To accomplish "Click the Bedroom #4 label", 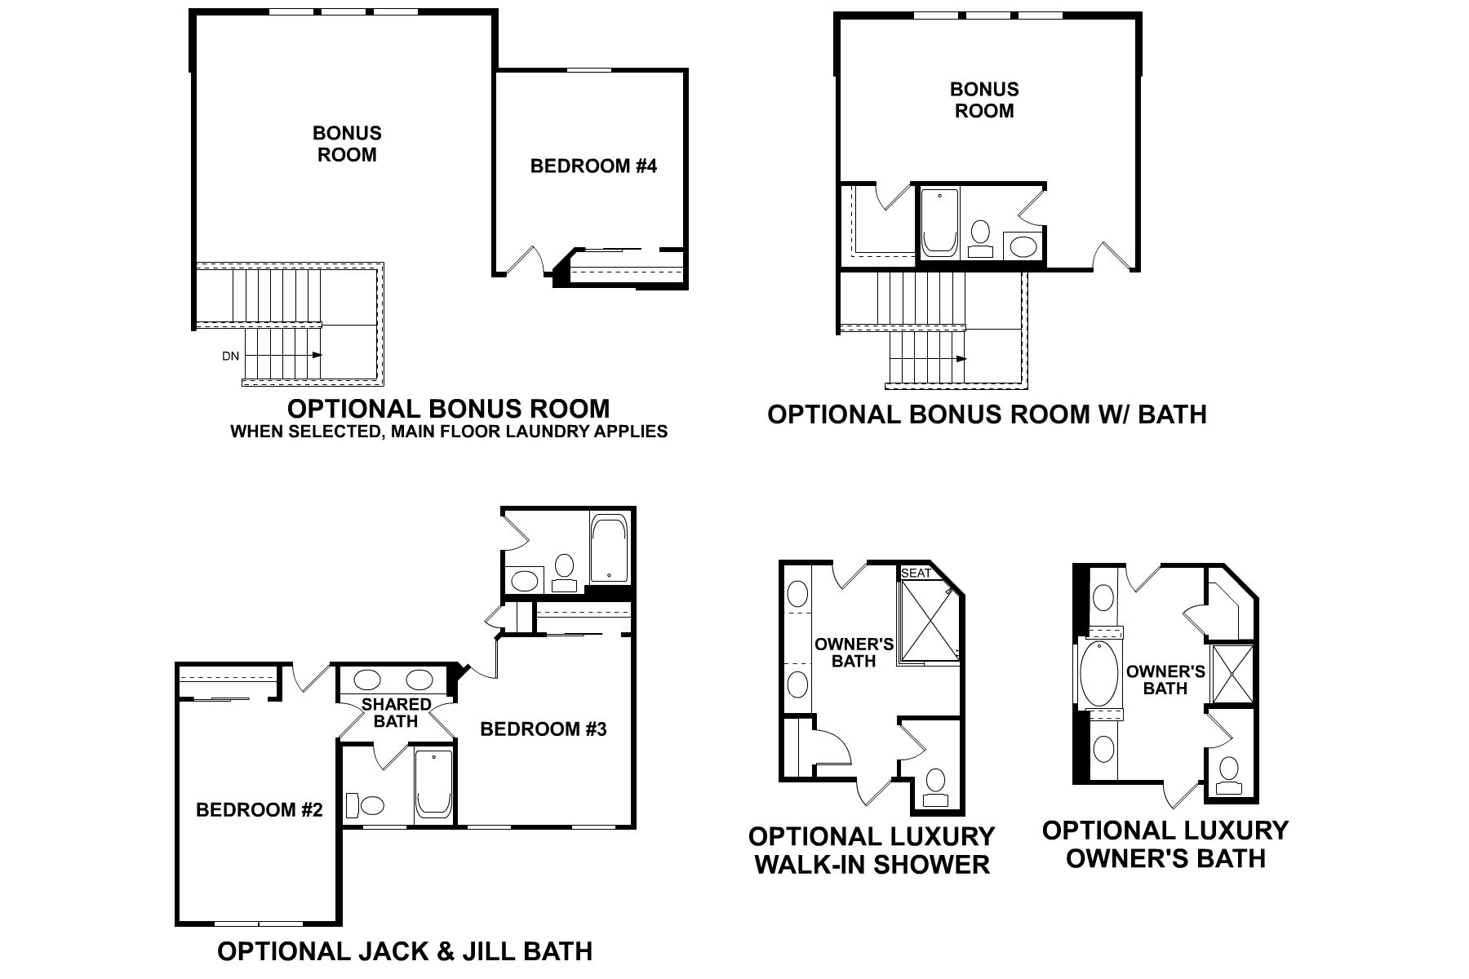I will pos(593,166).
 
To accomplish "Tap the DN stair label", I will pos(230,356).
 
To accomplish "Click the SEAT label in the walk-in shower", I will pos(916,573).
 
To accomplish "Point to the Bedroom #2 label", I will pos(260,809).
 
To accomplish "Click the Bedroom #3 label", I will pos(543,729).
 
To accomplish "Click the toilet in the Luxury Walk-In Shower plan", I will pos(935,782).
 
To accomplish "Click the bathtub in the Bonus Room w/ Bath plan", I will pos(939,223).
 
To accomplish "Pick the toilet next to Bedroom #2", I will pos(369,805).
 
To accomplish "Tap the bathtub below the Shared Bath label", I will pos(433,783).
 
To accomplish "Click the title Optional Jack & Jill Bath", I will pos(405,950).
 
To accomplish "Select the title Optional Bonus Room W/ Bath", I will pos(987,414).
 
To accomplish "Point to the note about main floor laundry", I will pos(449,432).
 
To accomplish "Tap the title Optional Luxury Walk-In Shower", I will pos(872,850).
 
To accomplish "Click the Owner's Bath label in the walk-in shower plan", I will pos(854,653).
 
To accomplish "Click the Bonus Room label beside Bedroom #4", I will pos(347,144).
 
